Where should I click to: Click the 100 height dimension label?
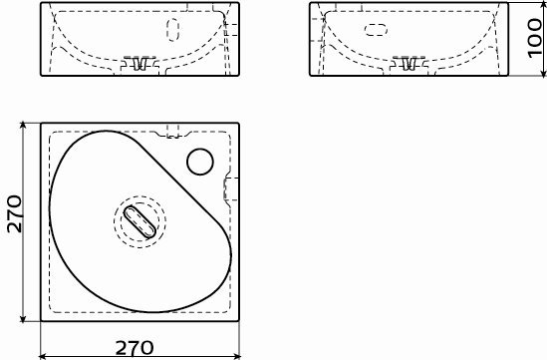pos(535,39)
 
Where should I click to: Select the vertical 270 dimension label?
pos(15,213)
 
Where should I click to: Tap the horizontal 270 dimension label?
pos(135,348)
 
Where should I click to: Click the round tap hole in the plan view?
pos(200,162)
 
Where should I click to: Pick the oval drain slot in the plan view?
pos(139,222)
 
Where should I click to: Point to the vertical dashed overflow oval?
pos(173,30)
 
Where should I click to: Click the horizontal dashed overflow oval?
pos(376,30)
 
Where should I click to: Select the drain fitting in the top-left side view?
pos(139,62)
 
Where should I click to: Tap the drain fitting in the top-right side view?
pos(409,62)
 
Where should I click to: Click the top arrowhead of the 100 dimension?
pos(543,6)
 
